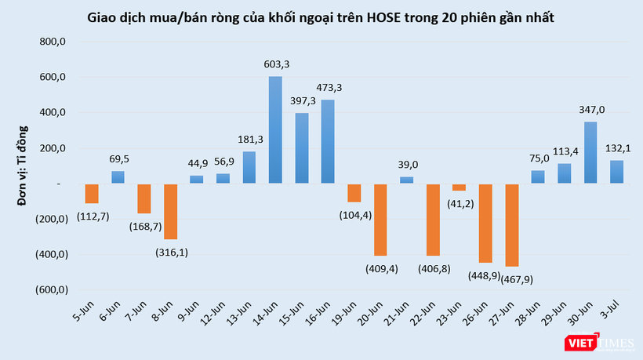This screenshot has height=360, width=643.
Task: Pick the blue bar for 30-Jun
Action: (x=590, y=152)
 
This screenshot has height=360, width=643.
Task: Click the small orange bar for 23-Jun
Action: (x=459, y=187)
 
